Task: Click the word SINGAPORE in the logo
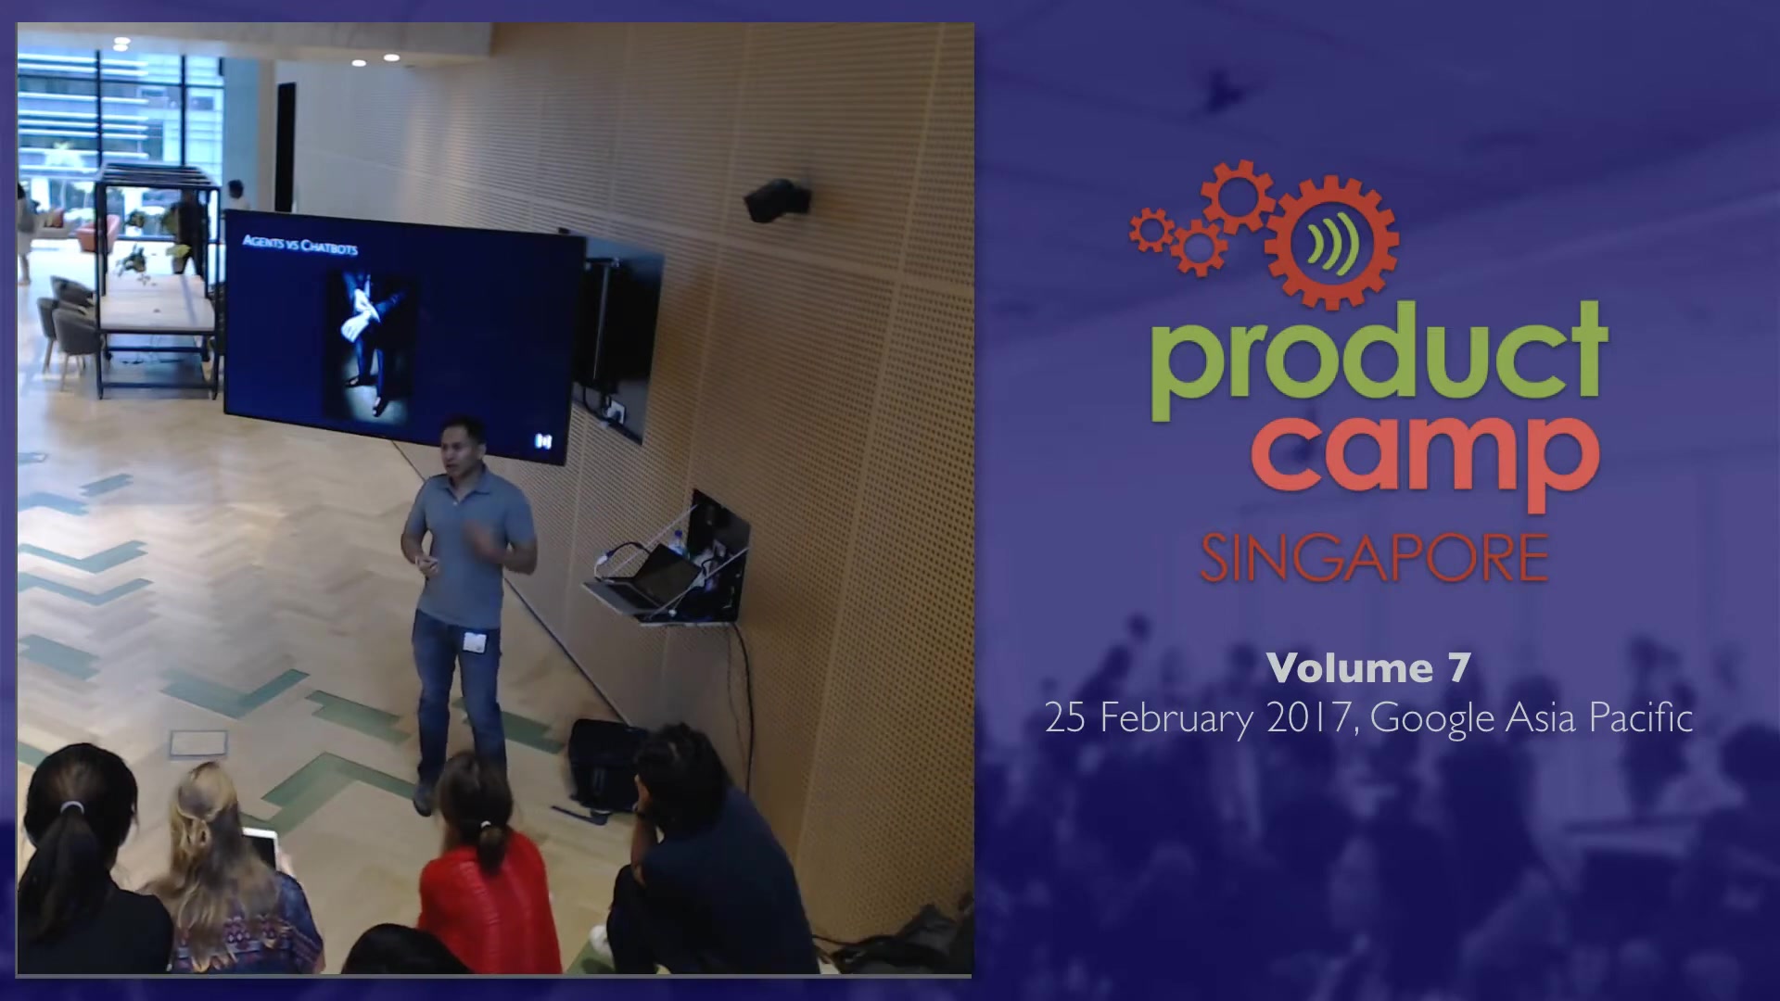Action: [x=1374, y=557]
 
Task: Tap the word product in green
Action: [x=1379, y=362]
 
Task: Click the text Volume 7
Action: [x=1368, y=668]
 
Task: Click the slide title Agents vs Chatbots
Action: [x=299, y=245]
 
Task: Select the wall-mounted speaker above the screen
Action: [x=777, y=200]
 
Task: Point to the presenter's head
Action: [x=462, y=447]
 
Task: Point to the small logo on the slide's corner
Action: [x=542, y=441]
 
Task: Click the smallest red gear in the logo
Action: [x=1151, y=229]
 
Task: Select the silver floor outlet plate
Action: [x=198, y=742]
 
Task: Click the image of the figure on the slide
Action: [x=369, y=342]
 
